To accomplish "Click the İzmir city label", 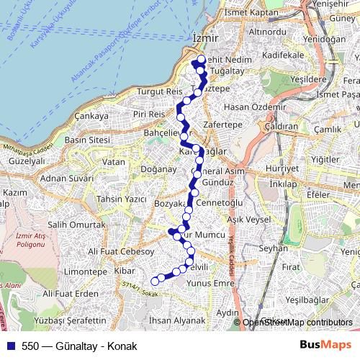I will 205,37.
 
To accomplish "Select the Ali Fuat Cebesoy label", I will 121,251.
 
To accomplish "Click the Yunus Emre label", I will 212,283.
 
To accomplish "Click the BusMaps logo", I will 324,345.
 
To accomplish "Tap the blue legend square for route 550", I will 9,346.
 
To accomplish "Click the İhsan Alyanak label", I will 176,320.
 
